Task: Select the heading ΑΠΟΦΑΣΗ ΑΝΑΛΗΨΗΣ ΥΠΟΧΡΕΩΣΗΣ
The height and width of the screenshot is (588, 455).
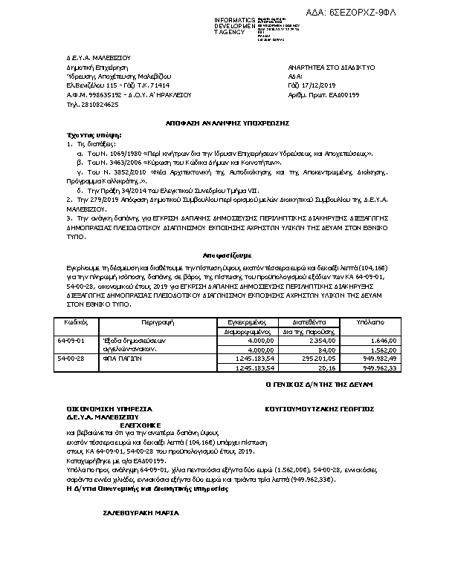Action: (x=227, y=122)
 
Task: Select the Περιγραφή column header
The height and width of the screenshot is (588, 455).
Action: (x=157, y=323)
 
